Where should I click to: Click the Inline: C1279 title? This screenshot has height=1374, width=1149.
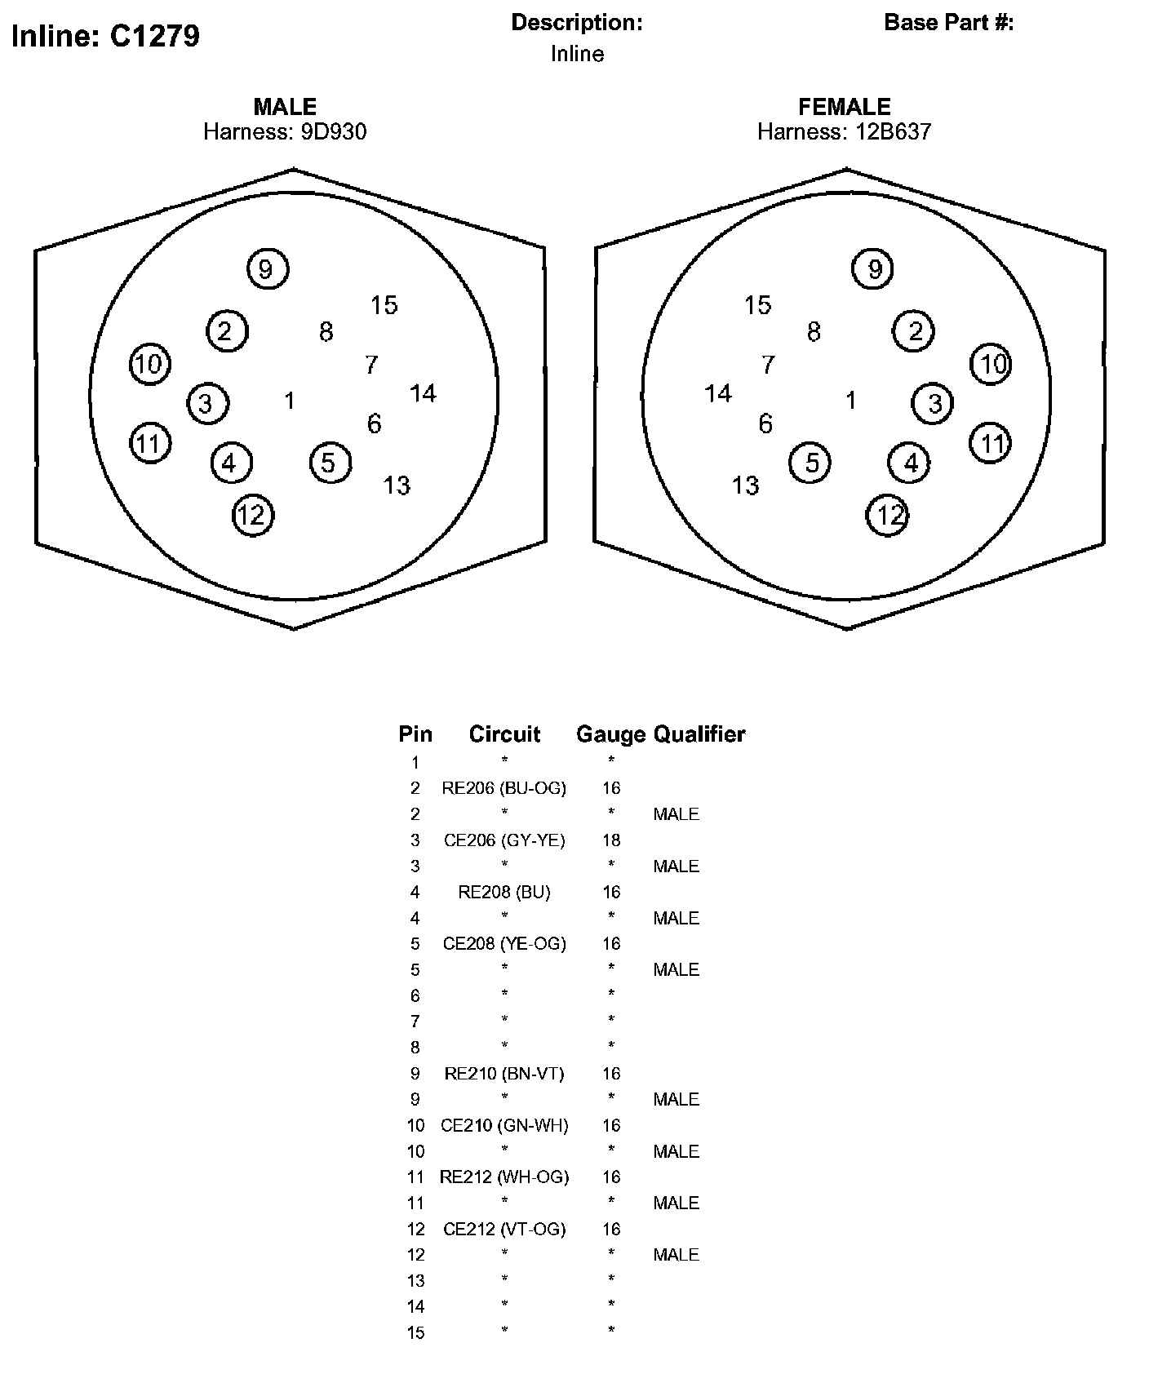105,37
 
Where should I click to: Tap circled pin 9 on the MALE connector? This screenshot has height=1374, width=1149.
267,268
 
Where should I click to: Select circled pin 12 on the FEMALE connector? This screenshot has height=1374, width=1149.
888,515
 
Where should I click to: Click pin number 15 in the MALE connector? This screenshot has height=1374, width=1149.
384,305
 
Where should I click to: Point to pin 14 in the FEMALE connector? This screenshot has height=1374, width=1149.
718,394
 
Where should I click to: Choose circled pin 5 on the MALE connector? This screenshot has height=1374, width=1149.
330,463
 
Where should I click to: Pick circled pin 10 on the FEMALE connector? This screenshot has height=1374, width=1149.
992,363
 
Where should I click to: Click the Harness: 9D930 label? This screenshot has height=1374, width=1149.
285,131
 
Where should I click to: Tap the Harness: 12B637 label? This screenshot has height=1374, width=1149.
844,131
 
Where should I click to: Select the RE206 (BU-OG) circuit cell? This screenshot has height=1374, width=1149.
504,788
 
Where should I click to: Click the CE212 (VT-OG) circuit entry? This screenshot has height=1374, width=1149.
504,1229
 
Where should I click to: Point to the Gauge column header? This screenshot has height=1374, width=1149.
610,734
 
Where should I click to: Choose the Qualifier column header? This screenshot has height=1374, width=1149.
699,734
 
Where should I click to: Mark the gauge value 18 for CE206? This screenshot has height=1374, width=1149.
611,840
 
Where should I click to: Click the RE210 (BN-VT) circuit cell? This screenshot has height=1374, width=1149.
504,1074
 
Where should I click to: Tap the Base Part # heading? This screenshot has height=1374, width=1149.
948,23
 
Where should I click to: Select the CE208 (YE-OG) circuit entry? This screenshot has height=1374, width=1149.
504,943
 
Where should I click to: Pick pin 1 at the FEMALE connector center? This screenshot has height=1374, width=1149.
851,401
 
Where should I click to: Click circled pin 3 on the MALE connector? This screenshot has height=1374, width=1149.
206,403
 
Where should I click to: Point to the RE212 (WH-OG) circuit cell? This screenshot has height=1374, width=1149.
504,1177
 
